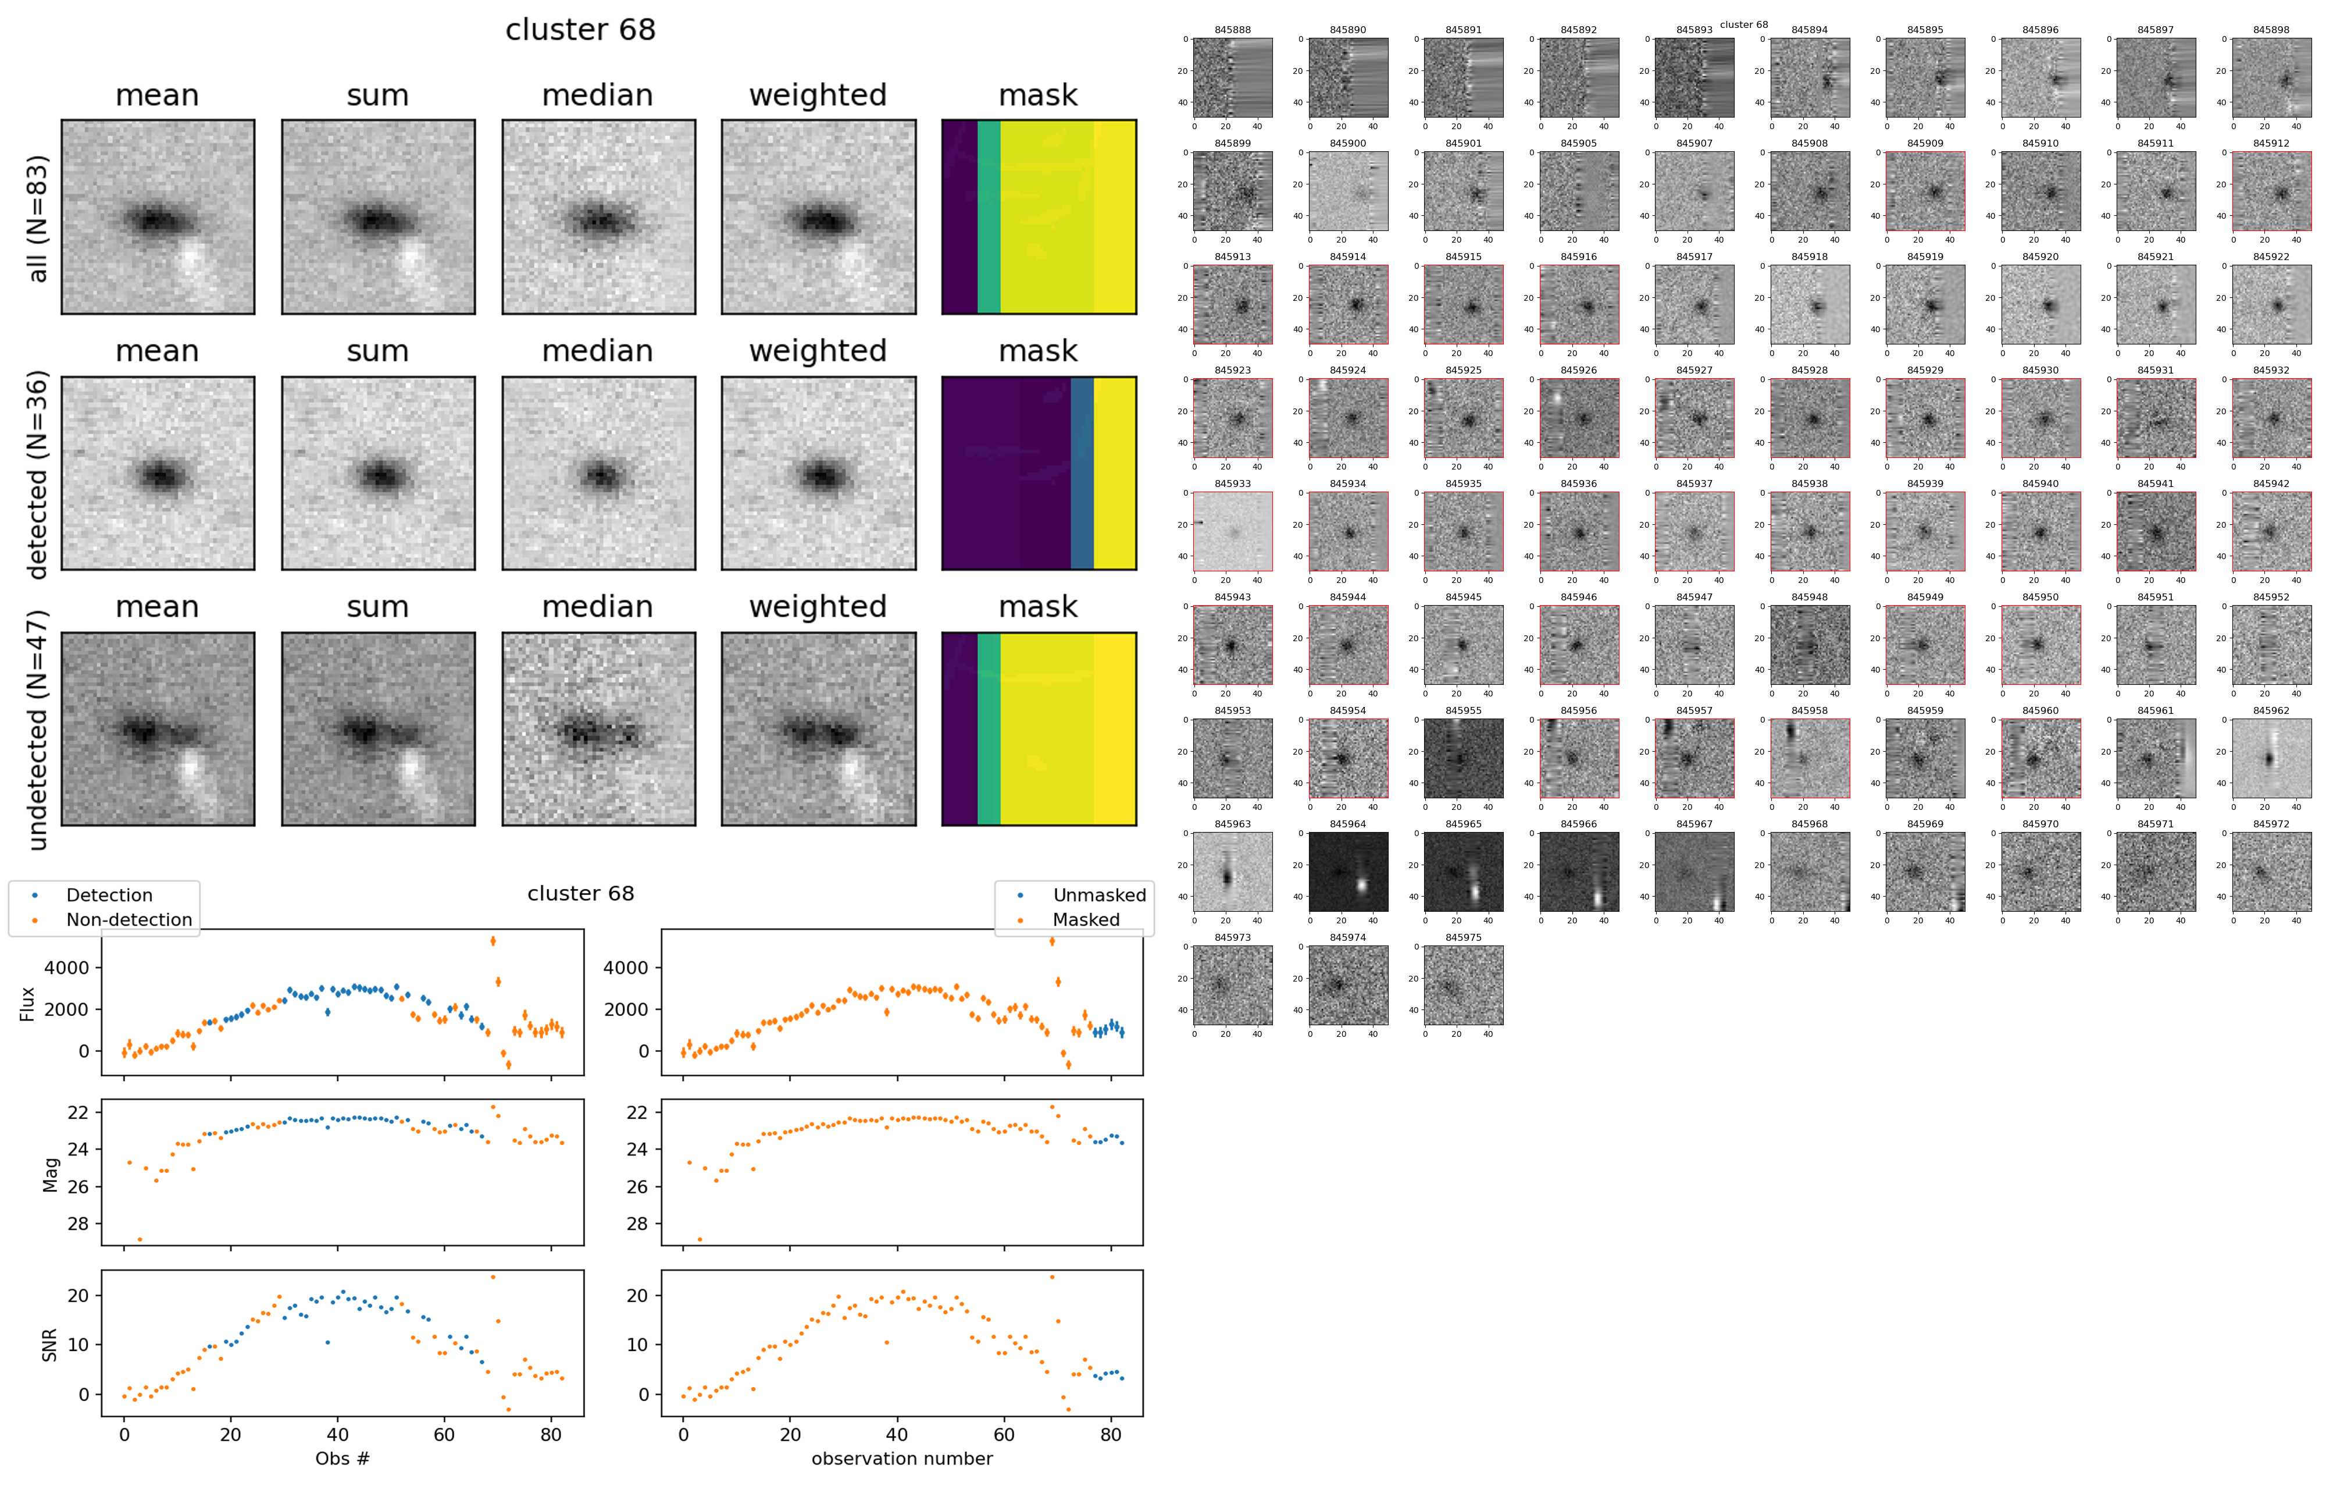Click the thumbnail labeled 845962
(x=2271, y=759)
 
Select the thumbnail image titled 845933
(x=1233, y=531)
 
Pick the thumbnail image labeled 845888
(x=1233, y=77)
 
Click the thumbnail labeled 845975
(x=1464, y=986)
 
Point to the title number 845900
(x=1347, y=143)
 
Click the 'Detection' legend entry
(x=109, y=895)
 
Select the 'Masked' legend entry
(x=1086, y=920)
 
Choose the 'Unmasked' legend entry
(x=1099, y=895)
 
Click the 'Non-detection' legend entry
(x=129, y=920)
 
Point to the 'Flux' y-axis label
(x=27, y=1004)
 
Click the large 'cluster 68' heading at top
(x=580, y=30)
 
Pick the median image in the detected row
(x=598, y=474)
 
